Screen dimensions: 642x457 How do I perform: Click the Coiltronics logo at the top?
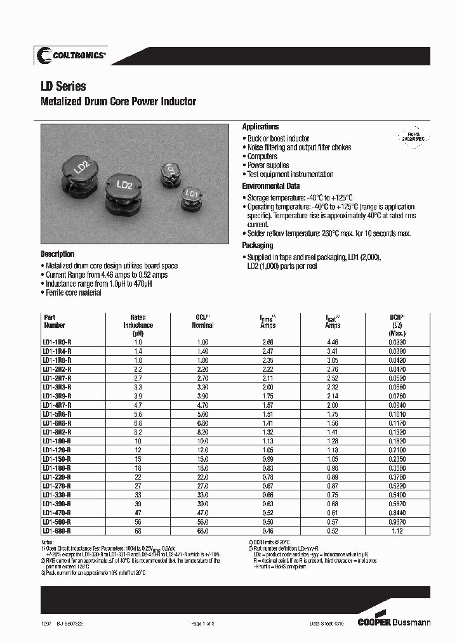pos(70,56)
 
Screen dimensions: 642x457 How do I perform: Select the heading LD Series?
pos(63,87)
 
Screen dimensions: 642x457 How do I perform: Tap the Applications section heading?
pos(260,127)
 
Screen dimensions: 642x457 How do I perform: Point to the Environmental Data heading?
pos(270,187)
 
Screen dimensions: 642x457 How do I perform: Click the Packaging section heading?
pos(258,246)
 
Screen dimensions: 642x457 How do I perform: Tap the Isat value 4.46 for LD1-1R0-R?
pos(332,342)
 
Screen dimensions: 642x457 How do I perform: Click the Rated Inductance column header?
pos(138,325)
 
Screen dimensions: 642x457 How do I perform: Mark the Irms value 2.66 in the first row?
pos(268,342)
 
